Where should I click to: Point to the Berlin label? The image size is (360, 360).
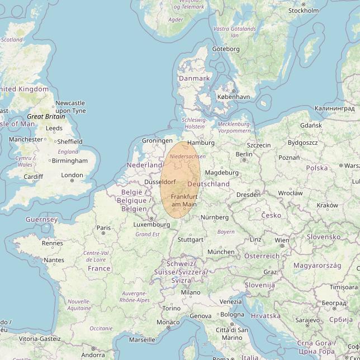click(x=244, y=154)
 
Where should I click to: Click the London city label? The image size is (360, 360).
click(x=72, y=175)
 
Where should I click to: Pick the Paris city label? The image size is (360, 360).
click(x=104, y=228)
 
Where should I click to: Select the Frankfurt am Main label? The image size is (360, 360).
click(x=184, y=201)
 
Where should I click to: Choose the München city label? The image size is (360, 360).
click(x=221, y=252)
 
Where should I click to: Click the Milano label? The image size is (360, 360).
click(x=190, y=292)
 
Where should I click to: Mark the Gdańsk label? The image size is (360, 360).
click(x=311, y=125)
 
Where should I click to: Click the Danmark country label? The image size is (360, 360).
click(x=194, y=78)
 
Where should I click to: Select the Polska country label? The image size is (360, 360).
click(x=317, y=168)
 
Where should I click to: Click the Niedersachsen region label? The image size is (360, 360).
click(x=187, y=157)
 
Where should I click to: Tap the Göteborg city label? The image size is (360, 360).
click(x=226, y=49)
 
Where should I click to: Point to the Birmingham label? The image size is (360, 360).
click(x=69, y=161)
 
